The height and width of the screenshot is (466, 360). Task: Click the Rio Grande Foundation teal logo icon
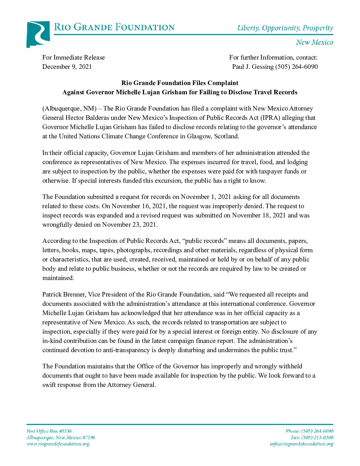coord(38,34)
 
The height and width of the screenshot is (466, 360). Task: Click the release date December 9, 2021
coord(67,67)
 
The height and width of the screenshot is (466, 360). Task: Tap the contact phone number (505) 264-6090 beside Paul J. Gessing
coord(296,67)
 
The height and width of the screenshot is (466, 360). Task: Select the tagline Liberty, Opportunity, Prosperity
coord(285,28)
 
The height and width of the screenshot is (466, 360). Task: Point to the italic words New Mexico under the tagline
coord(314,42)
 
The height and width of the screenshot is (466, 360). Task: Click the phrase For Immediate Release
coord(73,57)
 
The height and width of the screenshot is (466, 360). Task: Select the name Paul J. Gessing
coord(253,67)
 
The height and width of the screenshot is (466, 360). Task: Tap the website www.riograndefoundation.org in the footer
coord(58,444)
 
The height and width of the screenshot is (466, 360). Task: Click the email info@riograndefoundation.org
coord(301,444)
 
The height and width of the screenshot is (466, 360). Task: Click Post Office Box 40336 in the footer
coord(49,431)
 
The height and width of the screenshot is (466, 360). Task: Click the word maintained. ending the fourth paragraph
coord(58,278)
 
